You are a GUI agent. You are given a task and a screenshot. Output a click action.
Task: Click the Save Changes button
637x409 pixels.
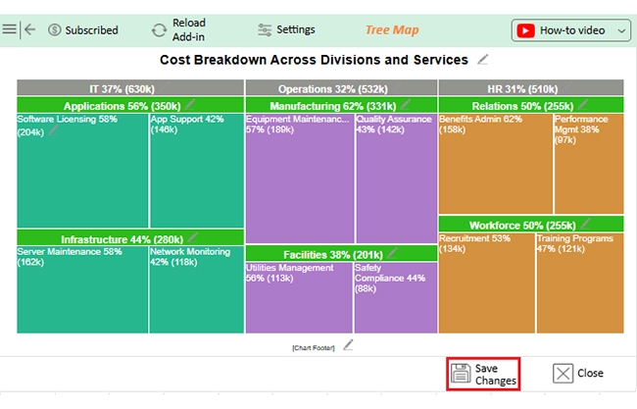482,374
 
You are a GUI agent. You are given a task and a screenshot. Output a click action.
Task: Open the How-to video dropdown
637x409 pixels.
570,30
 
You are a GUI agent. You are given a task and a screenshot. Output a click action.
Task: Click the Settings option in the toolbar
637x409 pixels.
286,30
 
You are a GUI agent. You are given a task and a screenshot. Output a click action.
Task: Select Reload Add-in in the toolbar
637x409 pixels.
177,30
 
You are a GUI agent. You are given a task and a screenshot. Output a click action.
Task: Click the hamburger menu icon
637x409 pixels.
10,29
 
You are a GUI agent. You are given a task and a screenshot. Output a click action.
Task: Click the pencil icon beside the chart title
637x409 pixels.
482,60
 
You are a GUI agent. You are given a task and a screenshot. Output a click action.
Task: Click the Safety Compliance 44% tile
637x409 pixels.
395,299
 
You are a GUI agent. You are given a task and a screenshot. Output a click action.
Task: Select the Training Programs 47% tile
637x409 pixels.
579,284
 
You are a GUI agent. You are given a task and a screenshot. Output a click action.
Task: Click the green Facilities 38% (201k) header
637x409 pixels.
333,254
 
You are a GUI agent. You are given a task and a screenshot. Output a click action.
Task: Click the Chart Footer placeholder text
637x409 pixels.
314,347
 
